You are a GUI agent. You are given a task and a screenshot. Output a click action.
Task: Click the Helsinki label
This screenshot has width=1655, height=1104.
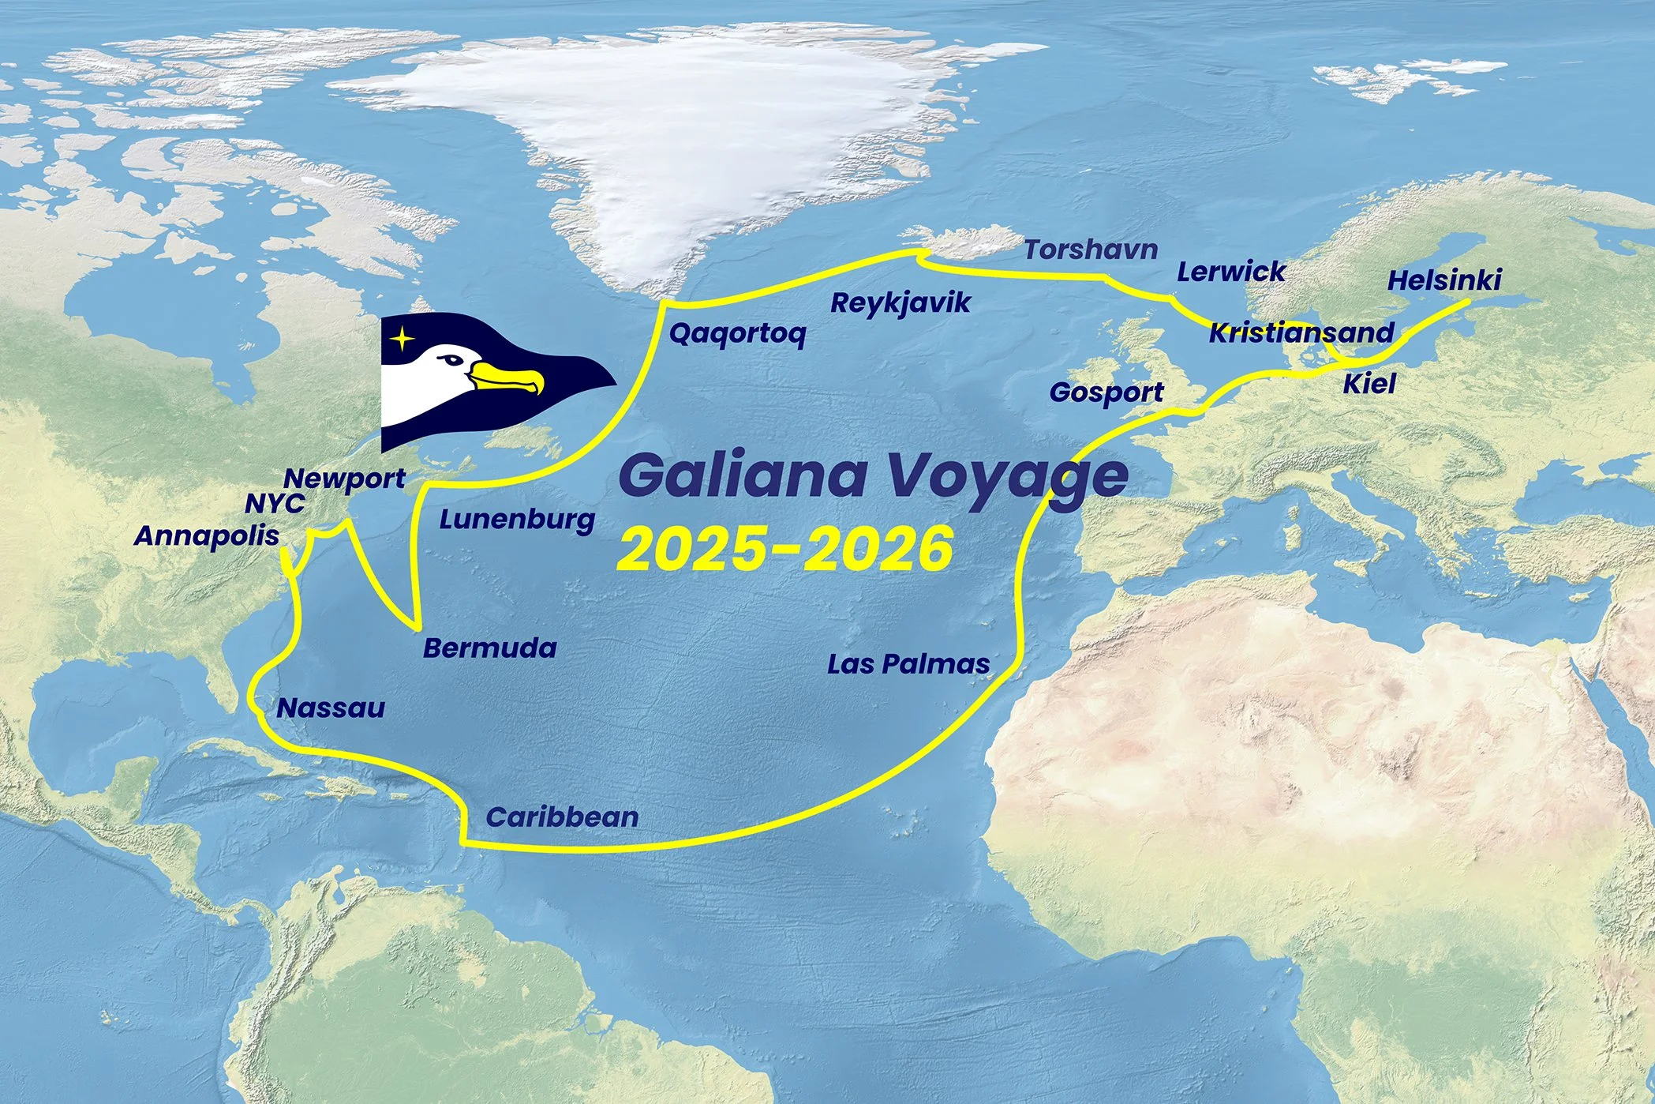[x=1443, y=280]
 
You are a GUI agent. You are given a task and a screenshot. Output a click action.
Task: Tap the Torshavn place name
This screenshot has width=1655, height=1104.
[x=1091, y=250]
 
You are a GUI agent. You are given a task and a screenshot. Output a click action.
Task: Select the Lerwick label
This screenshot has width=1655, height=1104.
[x=1230, y=272]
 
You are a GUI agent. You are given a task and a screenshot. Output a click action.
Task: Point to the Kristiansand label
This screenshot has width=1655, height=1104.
[x=1301, y=332]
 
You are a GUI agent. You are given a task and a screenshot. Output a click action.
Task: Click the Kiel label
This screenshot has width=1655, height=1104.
[x=1369, y=385]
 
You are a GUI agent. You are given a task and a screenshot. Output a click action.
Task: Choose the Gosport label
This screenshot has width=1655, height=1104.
[x=1106, y=392]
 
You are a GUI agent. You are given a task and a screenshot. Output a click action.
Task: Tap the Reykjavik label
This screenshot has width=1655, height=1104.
[x=900, y=303]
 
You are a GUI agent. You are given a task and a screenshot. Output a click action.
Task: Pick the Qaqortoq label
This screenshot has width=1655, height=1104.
[x=737, y=334]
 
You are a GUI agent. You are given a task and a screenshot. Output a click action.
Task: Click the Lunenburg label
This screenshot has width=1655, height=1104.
[x=517, y=520]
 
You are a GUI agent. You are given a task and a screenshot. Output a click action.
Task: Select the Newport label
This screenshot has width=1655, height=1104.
[x=345, y=479]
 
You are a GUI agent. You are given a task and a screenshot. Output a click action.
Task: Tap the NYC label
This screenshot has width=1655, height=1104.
[x=275, y=504]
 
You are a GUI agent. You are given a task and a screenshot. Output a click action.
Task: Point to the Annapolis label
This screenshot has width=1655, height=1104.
[x=207, y=535]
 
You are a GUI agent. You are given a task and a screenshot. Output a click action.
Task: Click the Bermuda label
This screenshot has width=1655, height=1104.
[x=489, y=648]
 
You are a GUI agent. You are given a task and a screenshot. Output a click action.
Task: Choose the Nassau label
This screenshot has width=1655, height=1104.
[x=331, y=708]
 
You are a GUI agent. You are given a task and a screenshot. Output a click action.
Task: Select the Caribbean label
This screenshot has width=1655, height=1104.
[x=562, y=817]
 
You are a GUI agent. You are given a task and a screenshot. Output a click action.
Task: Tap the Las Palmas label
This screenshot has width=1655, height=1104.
[x=908, y=664]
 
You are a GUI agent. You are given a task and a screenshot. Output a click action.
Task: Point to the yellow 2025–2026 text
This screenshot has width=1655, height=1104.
[x=785, y=549]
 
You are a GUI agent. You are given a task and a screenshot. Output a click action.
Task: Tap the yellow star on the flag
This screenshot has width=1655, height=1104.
[x=403, y=340]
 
